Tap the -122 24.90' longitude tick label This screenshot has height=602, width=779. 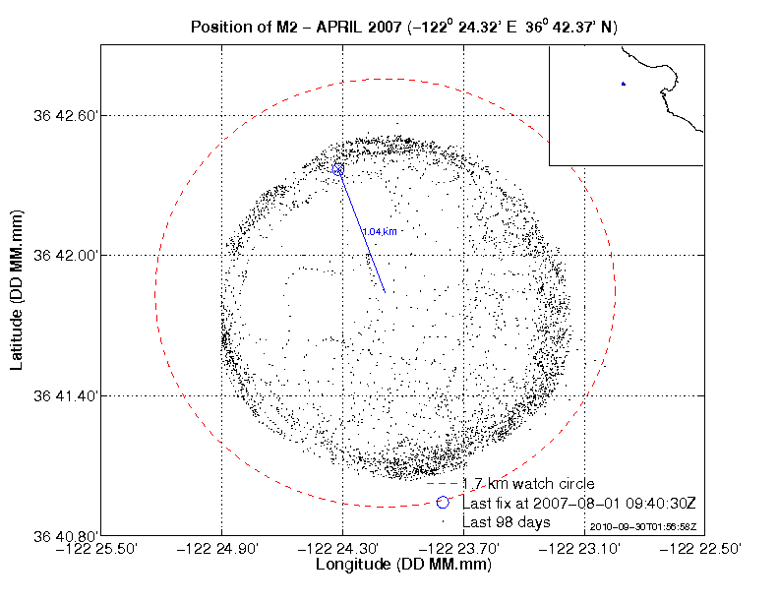coord(223,549)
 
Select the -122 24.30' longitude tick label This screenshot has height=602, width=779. coord(343,549)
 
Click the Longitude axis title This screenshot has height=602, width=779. coord(403,566)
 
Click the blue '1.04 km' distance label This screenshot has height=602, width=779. coord(379,232)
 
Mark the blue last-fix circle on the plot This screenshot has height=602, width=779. coord(338,170)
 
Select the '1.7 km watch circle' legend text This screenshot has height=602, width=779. coord(528,484)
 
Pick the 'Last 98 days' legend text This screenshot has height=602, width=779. coord(507,521)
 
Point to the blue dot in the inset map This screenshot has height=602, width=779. coord(624,84)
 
